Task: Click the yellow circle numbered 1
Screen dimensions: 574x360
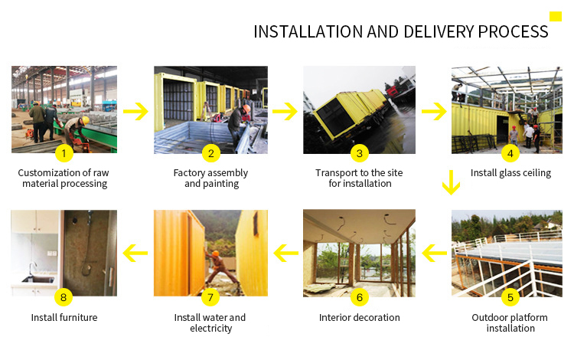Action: tap(64, 153)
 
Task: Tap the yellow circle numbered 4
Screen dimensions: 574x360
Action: tap(510, 153)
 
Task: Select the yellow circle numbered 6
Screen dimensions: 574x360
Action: tap(360, 297)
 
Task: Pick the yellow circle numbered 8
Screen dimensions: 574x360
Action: tap(64, 297)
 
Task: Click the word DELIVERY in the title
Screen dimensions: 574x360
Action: tap(439, 32)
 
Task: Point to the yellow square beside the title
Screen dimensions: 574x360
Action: tap(556, 17)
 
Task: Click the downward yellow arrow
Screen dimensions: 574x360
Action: tap(451, 182)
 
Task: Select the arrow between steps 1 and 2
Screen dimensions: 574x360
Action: tap(135, 111)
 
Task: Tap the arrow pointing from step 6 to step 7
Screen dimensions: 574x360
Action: tap(286, 253)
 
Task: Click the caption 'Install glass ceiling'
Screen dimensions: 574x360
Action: tap(510, 173)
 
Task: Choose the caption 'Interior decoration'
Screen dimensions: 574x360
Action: tap(360, 318)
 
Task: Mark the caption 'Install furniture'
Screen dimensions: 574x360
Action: tap(64, 318)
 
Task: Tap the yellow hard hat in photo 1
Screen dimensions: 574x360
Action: tap(86, 120)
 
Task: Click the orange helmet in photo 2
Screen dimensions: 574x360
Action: tap(246, 109)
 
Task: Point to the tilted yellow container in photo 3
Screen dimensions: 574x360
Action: tap(350, 112)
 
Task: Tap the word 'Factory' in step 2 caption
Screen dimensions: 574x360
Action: tap(189, 173)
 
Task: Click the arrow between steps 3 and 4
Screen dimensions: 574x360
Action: tap(434, 111)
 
